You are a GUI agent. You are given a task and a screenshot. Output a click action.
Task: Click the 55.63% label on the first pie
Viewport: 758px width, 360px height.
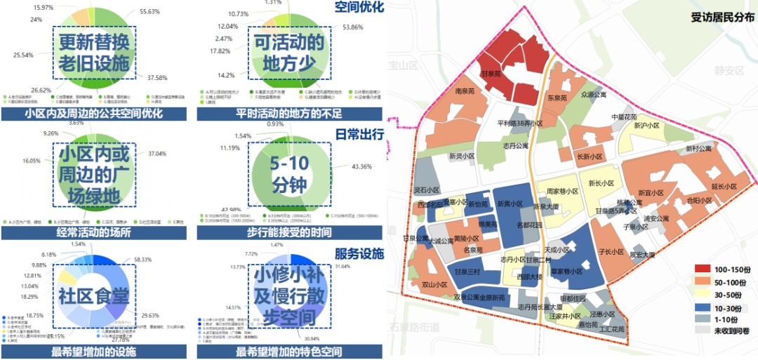tap(152, 12)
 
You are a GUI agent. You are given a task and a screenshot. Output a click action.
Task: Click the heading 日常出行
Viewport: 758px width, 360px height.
tap(359, 133)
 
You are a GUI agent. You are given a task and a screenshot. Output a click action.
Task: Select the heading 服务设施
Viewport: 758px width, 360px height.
tap(359, 253)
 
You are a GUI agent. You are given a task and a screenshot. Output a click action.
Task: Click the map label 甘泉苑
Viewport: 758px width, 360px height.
tap(490, 73)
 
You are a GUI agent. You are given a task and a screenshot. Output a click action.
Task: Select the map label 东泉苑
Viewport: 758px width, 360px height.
tap(557, 98)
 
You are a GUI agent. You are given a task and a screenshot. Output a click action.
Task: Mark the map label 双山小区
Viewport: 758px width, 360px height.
tap(434, 285)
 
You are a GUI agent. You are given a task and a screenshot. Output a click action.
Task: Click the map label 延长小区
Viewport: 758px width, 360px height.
tap(724, 187)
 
